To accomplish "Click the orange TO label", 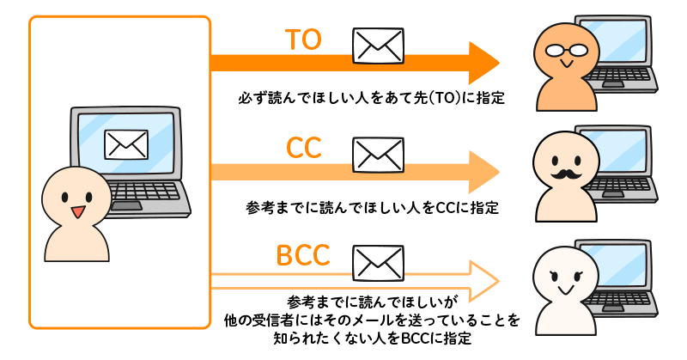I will click(x=302, y=40).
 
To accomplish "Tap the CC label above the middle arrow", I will click(x=303, y=149).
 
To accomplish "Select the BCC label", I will click(x=303, y=257).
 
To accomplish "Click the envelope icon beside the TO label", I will click(x=377, y=43).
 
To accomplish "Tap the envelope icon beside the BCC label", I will click(x=377, y=259).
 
